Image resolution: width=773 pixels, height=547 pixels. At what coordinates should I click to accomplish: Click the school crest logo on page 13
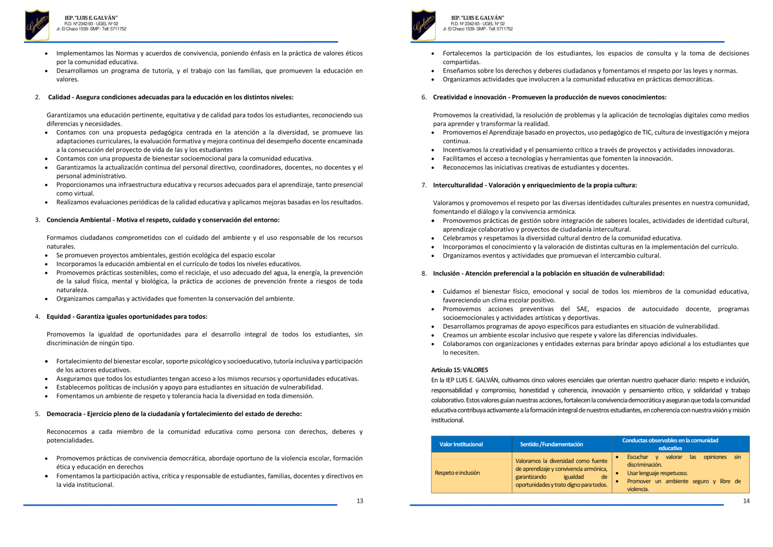37,25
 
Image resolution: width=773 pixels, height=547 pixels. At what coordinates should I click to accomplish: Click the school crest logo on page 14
423,25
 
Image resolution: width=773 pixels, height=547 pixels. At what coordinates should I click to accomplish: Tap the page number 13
360,501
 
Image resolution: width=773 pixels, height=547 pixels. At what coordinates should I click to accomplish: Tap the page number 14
746,501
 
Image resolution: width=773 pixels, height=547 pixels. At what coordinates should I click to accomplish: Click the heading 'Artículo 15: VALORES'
459,370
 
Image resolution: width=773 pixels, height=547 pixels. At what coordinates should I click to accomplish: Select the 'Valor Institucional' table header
461,444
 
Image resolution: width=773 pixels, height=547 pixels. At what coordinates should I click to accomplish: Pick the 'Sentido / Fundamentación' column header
551,444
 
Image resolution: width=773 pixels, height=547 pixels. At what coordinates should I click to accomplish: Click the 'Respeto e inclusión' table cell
457,473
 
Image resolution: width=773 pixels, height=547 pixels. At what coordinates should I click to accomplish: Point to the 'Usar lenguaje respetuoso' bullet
657,473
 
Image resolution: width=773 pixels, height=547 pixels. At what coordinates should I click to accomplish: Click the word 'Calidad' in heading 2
59,97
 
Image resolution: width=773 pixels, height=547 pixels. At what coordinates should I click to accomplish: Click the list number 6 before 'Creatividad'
423,97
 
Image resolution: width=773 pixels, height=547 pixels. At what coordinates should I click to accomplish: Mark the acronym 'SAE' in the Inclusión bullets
582,309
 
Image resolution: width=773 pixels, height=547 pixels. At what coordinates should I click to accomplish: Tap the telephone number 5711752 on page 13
118,29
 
